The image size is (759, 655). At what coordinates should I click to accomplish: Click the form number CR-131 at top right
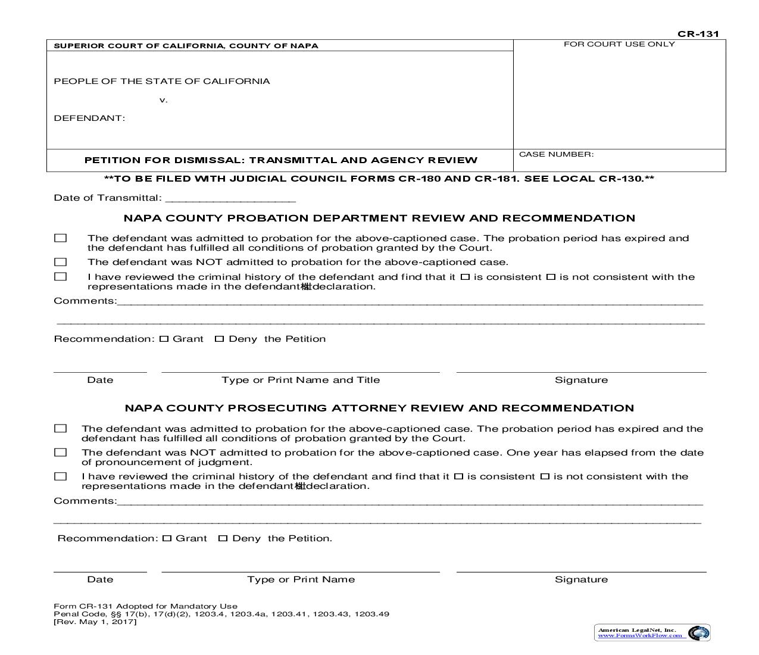click(698, 34)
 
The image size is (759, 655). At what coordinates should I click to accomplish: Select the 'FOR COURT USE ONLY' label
click(619, 44)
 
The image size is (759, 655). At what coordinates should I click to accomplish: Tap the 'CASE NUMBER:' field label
click(556, 154)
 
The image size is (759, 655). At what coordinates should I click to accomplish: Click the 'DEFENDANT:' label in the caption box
click(89, 118)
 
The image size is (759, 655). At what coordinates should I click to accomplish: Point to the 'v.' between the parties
click(164, 100)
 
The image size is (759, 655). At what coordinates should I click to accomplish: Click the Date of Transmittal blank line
click(230, 199)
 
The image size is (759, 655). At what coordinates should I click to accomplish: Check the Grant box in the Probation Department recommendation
click(164, 339)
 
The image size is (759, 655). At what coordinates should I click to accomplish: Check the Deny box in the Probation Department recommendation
click(219, 339)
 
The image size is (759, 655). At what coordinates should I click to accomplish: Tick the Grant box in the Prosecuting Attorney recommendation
click(167, 538)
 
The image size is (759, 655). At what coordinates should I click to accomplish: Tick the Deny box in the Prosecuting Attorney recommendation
click(223, 538)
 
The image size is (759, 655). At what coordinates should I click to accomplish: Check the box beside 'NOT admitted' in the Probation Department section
click(60, 262)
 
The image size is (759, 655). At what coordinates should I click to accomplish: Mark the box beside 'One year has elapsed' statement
click(60, 453)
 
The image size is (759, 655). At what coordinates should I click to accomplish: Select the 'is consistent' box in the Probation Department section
click(465, 277)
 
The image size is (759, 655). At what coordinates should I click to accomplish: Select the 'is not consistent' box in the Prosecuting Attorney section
click(545, 476)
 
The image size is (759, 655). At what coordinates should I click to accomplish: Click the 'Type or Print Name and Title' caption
click(301, 380)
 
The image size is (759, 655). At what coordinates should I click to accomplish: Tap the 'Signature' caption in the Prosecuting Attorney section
click(581, 579)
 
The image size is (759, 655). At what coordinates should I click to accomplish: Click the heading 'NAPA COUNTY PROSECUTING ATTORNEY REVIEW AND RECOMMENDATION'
click(379, 408)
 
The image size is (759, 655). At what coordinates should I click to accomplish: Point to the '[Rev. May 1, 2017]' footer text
click(95, 622)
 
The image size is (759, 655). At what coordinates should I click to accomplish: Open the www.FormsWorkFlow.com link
click(640, 635)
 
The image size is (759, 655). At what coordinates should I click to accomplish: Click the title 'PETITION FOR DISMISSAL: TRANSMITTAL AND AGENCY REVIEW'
click(280, 160)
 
